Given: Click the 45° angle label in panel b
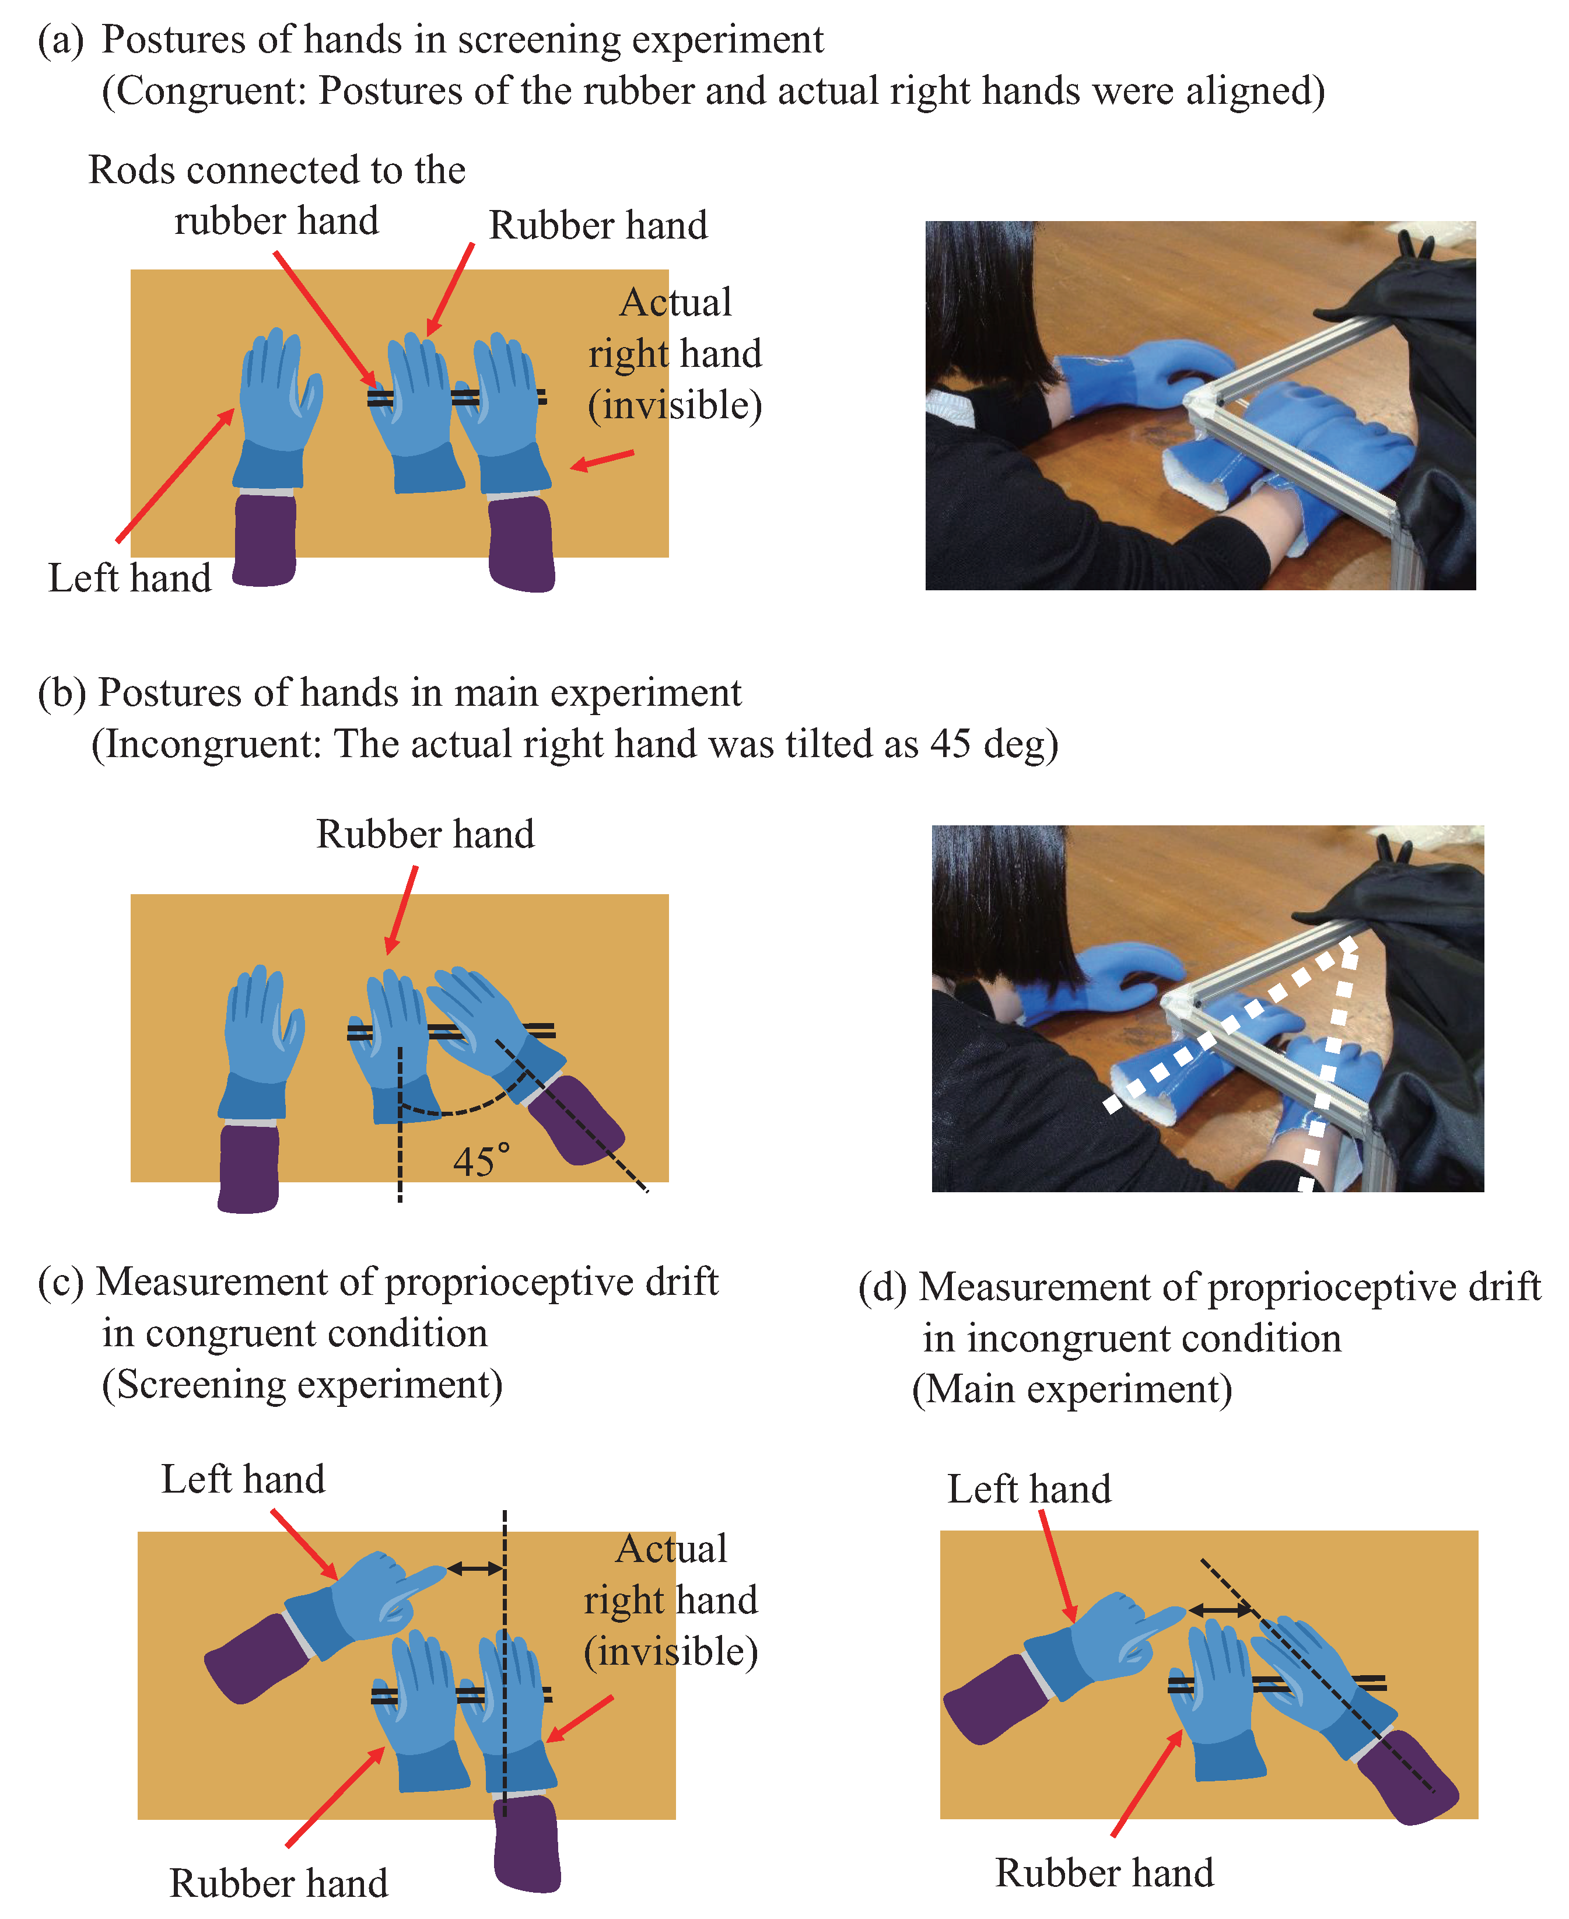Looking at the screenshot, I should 481,1161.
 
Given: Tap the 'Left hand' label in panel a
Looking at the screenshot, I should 129,579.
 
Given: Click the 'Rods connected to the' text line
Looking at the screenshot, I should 276,170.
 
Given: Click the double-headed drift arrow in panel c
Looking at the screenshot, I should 475,1568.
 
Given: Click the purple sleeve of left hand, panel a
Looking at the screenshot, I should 265,540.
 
